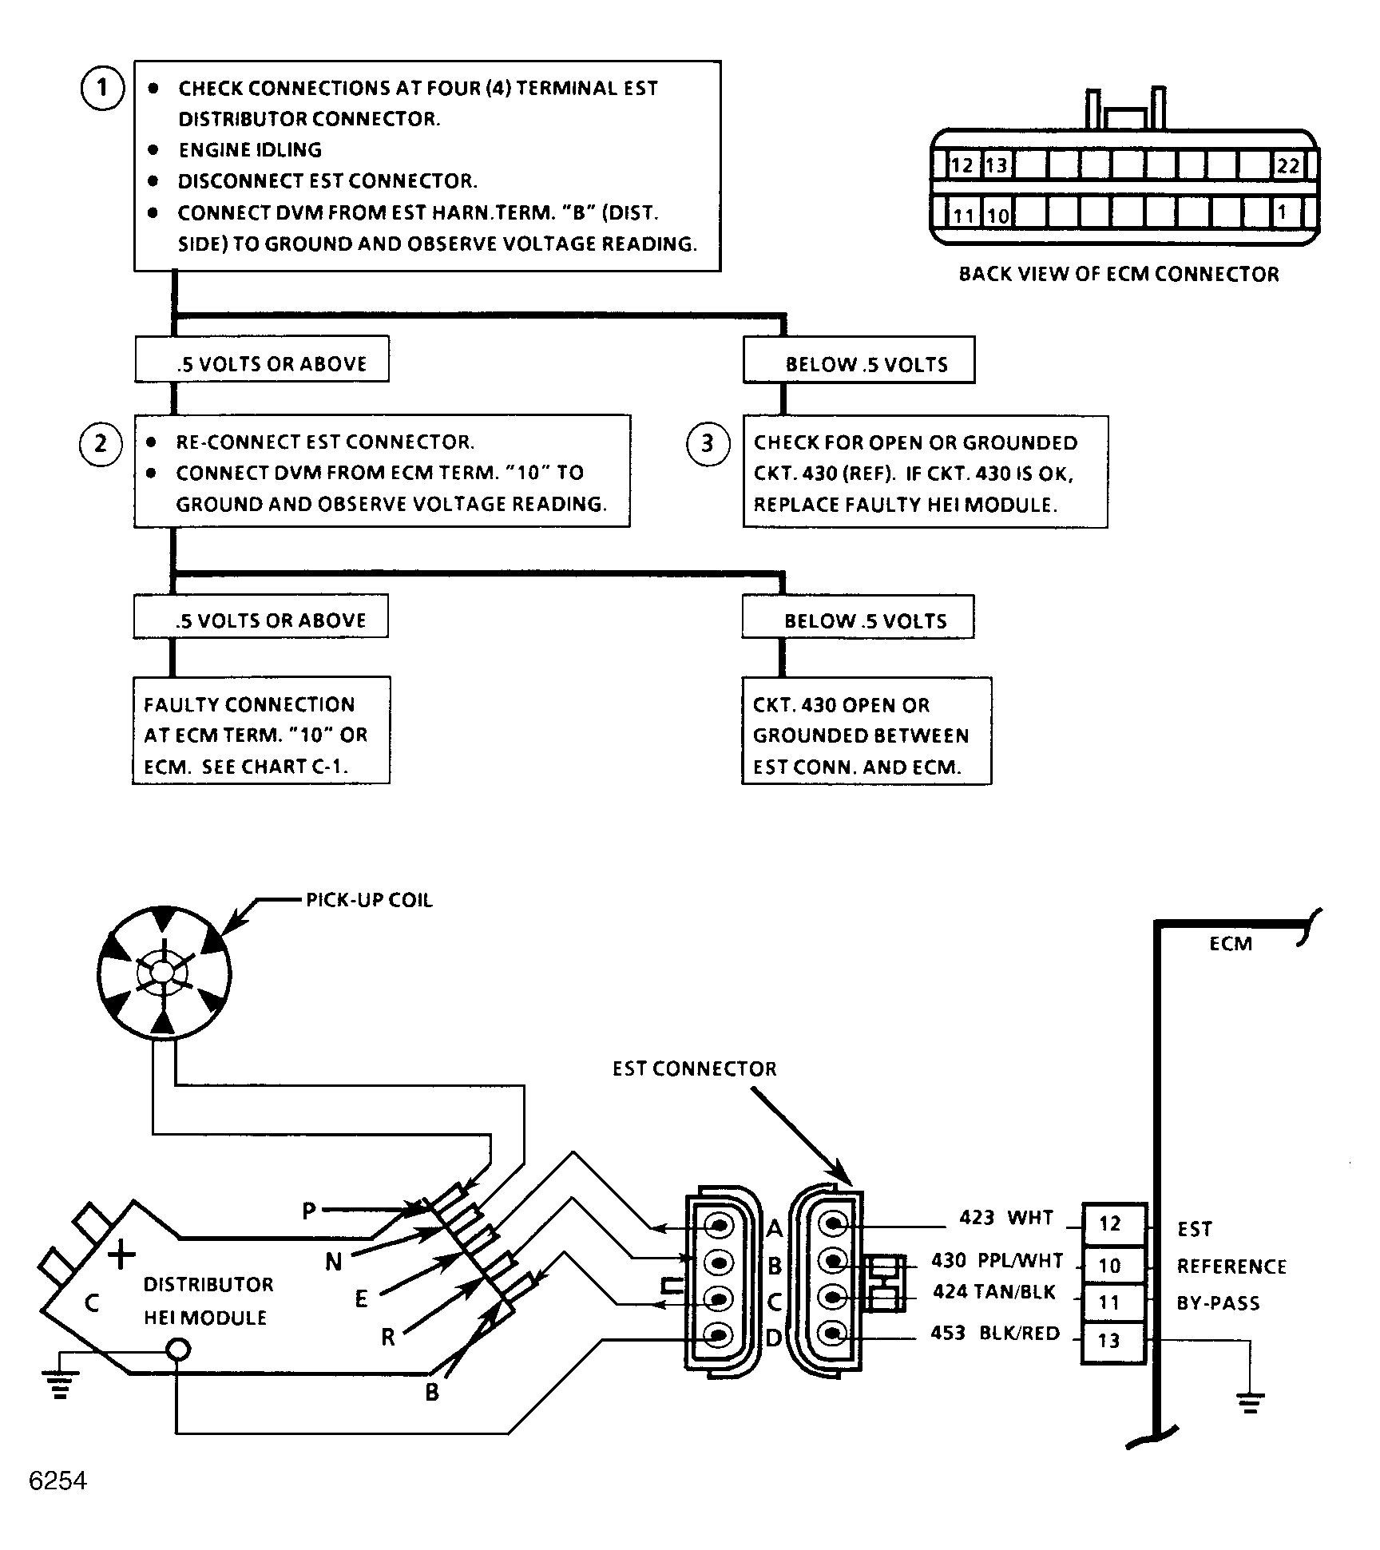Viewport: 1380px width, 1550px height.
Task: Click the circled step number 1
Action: tap(102, 87)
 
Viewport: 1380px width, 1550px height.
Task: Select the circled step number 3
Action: tap(708, 443)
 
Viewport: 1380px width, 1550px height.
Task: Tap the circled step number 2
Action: tap(101, 443)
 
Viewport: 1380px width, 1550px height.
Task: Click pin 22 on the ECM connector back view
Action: tap(1287, 165)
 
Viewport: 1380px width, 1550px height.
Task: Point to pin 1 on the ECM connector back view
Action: tap(1282, 213)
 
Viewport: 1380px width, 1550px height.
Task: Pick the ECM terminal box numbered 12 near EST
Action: tap(1110, 1224)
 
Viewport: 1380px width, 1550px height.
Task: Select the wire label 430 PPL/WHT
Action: tap(997, 1261)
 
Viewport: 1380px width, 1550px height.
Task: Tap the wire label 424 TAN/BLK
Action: tap(994, 1292)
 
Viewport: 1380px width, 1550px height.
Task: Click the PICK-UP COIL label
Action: tap(369, 900)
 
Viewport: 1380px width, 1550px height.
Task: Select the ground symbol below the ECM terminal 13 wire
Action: tap(1250, 1402)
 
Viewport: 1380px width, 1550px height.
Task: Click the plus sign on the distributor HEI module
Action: tap(121, 1255)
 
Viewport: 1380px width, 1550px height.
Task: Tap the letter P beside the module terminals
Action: tap(309, 1211)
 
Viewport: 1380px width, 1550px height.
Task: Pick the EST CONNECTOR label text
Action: tap(694, 1068)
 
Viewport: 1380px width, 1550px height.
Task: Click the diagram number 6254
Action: tap(57, 1481)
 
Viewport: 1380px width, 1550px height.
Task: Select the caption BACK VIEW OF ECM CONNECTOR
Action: tap(1118, 274)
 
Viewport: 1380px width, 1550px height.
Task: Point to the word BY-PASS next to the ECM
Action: tap(1218, 1304)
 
